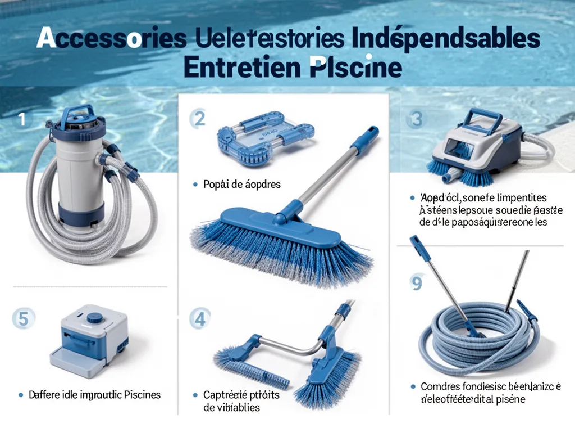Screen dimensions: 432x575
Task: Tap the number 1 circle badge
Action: pyautogui.click(x=22, y=119)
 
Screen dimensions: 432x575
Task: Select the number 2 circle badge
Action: pyautogui.click(x=199, y=119)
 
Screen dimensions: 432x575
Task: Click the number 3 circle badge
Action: pyautogui.click(x=416, y=119)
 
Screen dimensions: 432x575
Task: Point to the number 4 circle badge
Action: pyautogui.click(x=199, y=319)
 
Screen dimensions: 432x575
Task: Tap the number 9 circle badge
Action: pyautogui.click(x=416, y=283)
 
